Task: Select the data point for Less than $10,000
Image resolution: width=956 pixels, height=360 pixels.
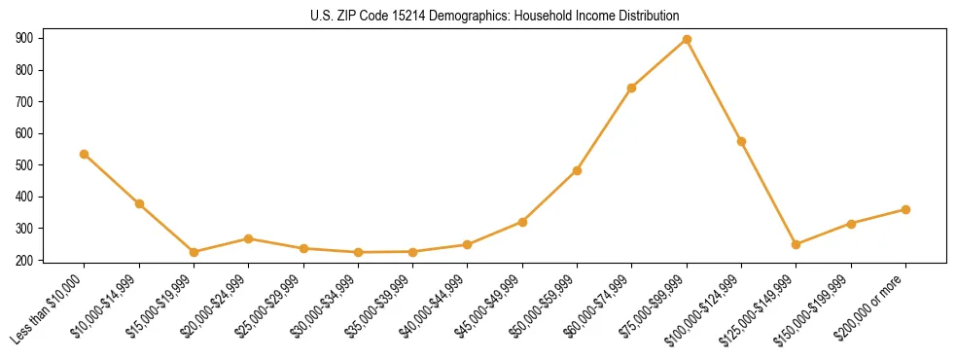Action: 85,154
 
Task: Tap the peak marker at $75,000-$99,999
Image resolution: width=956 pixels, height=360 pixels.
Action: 687,39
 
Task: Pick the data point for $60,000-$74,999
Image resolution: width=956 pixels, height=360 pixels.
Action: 632,88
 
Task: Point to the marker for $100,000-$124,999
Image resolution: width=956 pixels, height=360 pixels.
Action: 742,141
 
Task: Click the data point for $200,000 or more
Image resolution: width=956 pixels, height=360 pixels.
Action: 905,209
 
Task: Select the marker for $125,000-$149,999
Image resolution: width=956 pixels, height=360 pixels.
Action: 797,244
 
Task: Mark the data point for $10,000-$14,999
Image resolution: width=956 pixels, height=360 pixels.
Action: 139,203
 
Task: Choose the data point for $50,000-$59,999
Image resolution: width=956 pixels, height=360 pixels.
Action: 578,170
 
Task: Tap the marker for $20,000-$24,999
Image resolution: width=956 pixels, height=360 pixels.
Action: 249,238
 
